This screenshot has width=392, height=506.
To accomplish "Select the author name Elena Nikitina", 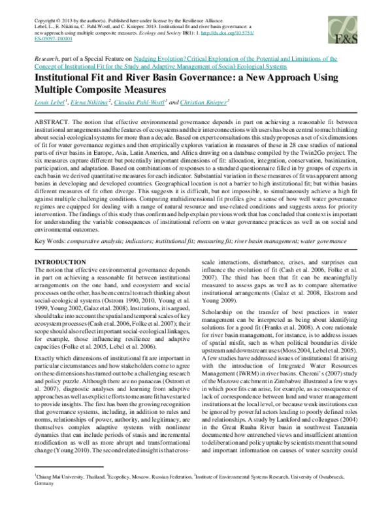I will (95, 101).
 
